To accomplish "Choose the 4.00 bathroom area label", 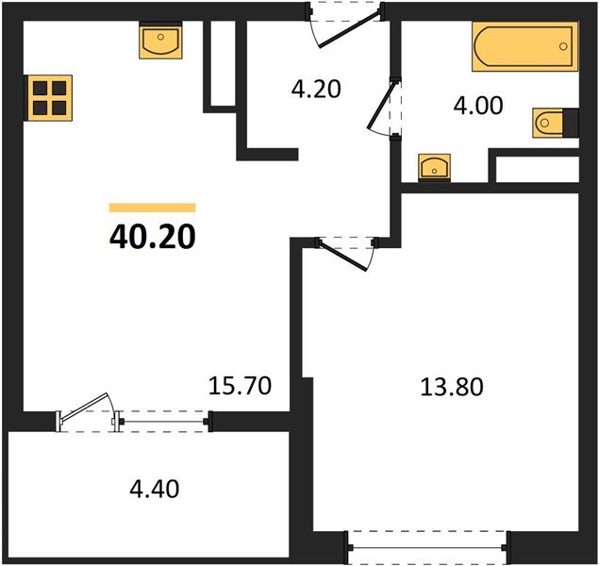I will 478,105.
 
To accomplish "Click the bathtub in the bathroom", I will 522,47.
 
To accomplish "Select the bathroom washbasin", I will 433,167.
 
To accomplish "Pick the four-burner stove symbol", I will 46,96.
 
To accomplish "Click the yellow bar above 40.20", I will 152,208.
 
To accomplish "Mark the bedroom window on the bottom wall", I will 428,545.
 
